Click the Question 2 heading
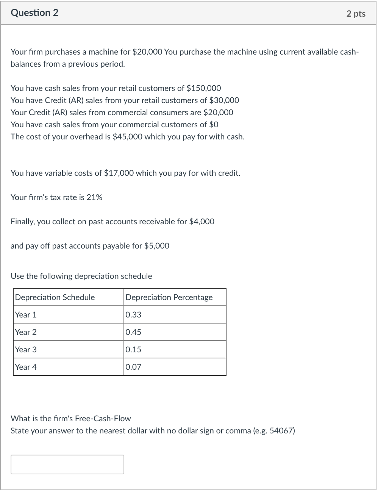[x=34, y=13]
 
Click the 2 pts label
[x=356, y=14]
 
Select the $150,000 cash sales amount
[x=204, y=88]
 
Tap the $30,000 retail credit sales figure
[x=224, y=100]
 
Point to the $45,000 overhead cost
[x=128, y=137]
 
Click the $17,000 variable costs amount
[x=119, y=173]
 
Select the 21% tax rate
[x=94, y=197]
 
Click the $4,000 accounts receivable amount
[x=201, y=222]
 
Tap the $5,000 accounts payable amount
[x=157, y=246]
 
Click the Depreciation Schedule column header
[x=55, y=297]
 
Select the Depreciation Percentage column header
[x=169, y=297]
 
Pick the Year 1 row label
[x=26, y=315]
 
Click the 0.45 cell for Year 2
[x=133, y=332]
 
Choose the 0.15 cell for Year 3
[x=133, y=350]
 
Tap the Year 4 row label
[x=26, y=367]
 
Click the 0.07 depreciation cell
[x=133, y=367]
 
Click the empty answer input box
[x=67, y=464]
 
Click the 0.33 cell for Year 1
[x=133, y=315]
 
